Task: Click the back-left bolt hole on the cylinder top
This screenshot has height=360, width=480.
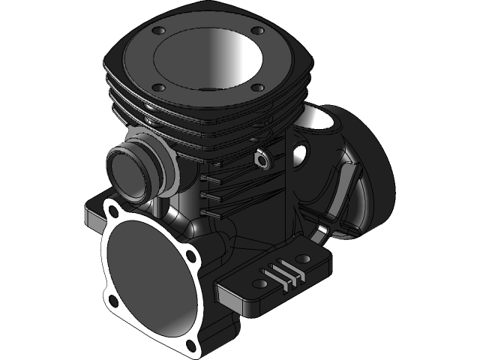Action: pyautogui.click(x=158, y=31)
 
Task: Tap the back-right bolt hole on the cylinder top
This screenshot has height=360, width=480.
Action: pyautogui.click(x=257, y=31)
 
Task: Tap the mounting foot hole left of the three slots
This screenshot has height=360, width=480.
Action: pyautogui.click(x=259, y=283)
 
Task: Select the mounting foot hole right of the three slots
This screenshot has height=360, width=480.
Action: pyautogui.click(x=310, y=260)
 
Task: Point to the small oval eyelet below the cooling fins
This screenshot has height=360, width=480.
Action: pyautogui.click(x=262, y=159)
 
